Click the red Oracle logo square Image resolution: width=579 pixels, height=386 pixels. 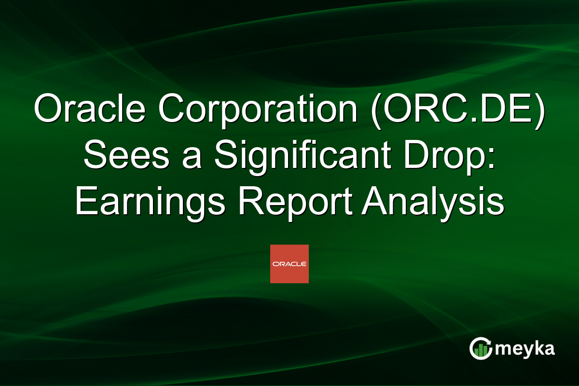click(289, 264)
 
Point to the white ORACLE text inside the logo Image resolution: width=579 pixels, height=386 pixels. click(289, 264)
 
